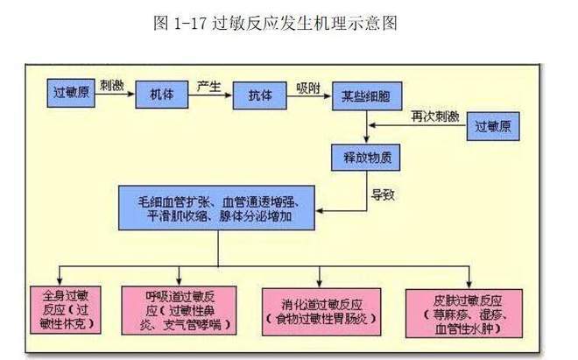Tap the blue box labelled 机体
click(x=163, y=94)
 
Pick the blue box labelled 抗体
click(x=260, y=94)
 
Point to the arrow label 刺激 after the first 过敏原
click(x=112, y=85)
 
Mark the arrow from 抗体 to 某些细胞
click(x=309, y=95)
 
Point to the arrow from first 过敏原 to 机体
click(x=115, y=95)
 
